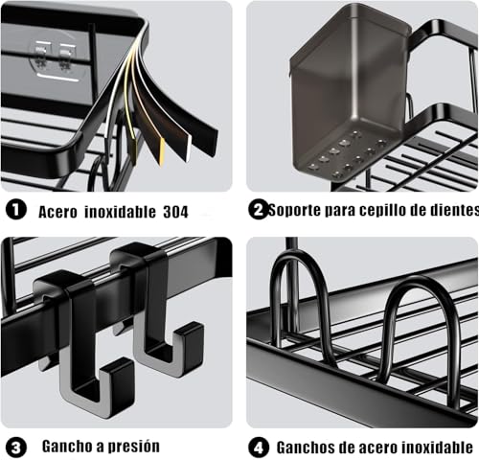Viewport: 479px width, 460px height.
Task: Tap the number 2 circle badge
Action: (258, 210)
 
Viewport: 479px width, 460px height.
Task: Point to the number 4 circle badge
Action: (258, 447)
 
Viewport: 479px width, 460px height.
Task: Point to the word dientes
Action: (449, 210)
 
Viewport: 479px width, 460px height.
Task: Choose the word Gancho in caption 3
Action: (68, 447)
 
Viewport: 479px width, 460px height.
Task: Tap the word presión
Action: (129, 447)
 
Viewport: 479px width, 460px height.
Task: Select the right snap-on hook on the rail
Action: (158, 311)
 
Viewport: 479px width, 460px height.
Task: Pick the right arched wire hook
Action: (422, 326)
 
